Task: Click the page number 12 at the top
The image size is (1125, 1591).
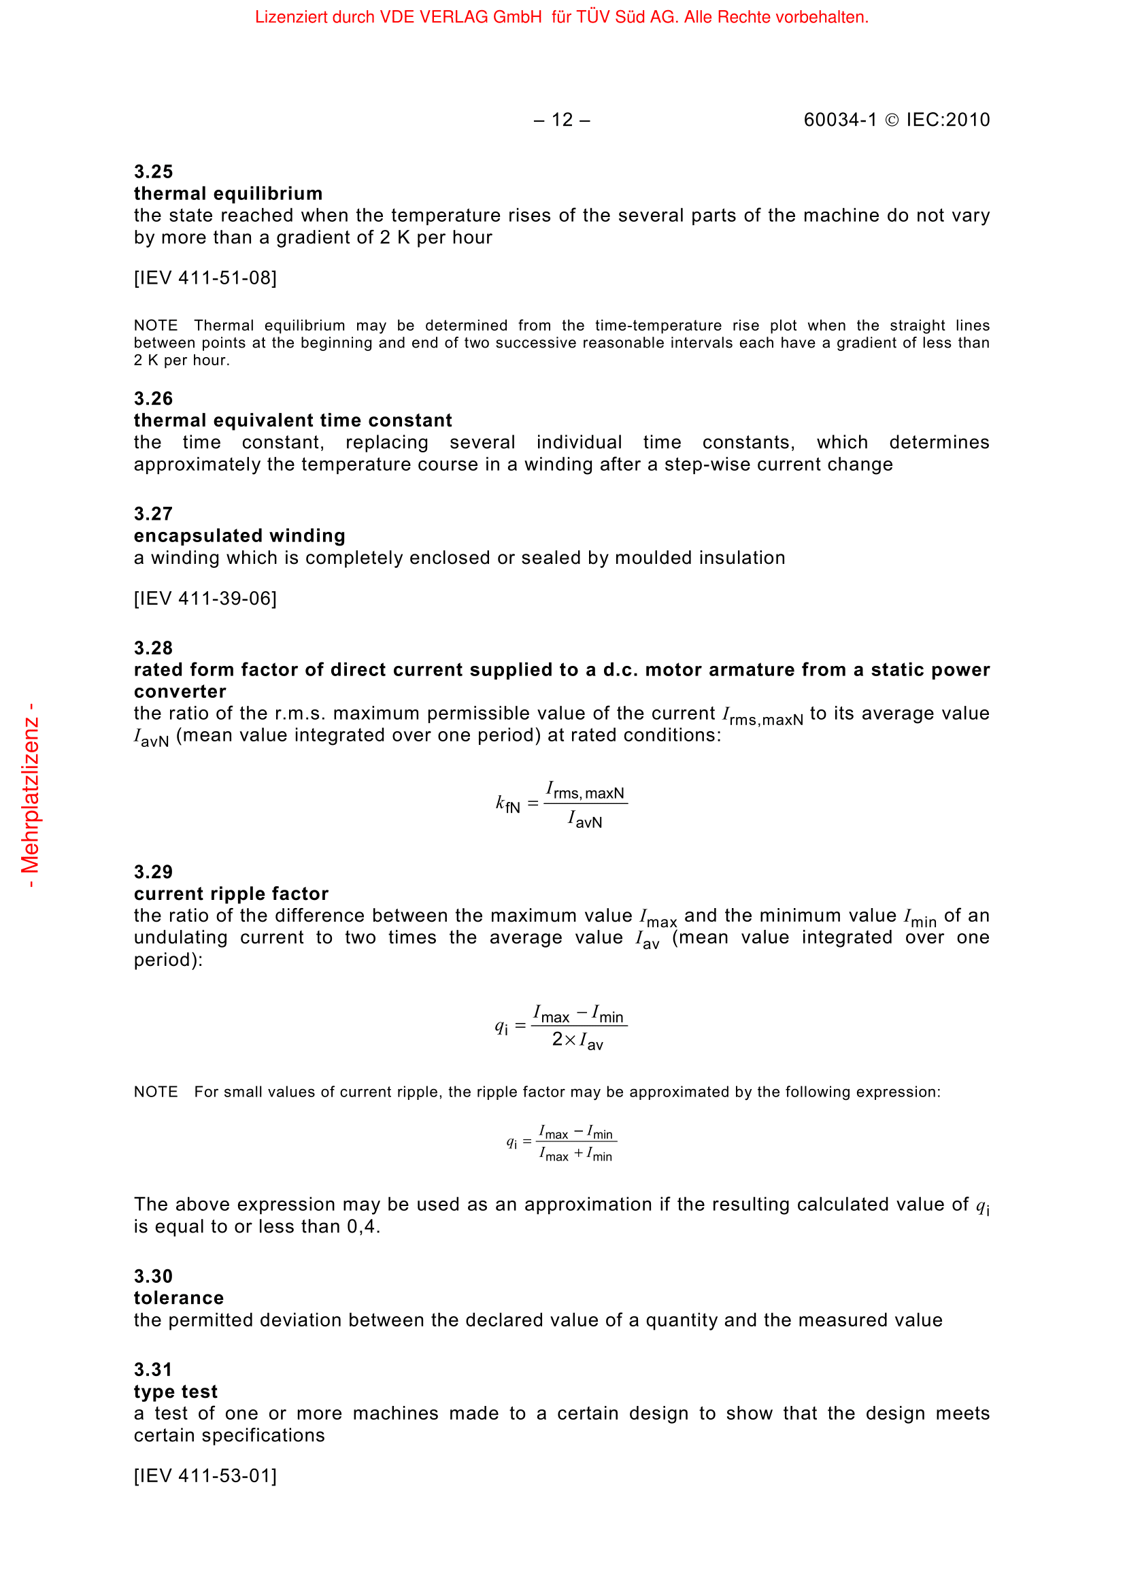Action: click(562, 120)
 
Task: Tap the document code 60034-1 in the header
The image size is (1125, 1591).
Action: click(839, 120)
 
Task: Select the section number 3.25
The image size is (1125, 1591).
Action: click(153, 171)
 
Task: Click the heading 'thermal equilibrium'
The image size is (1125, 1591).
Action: click(228, 193)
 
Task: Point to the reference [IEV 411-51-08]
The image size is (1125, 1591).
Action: click(205, 278)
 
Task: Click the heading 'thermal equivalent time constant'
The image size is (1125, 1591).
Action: click(292, 420)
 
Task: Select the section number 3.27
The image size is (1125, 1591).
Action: click(153, 514)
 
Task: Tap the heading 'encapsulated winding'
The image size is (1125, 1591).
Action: click(239, 535)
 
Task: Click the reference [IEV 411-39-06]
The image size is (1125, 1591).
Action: click(205, 598)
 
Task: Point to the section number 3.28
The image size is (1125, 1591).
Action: click(153, 648)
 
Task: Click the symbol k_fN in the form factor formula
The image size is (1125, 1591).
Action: click(508, 805)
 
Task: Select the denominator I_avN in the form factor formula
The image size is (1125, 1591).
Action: click(586, 820)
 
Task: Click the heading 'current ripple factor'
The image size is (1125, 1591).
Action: click(231, 893)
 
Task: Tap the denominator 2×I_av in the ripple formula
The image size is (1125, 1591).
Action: click(577, 1040)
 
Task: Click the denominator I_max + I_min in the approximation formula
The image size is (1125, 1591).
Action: click(575, 1154)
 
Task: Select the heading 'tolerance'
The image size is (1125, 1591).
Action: click(179, 1298)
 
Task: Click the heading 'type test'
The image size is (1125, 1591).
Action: click(175, 1392)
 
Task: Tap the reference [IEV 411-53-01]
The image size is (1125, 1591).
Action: click(205, 1476)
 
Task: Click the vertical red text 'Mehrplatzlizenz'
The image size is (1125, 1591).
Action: click(31, 796)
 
